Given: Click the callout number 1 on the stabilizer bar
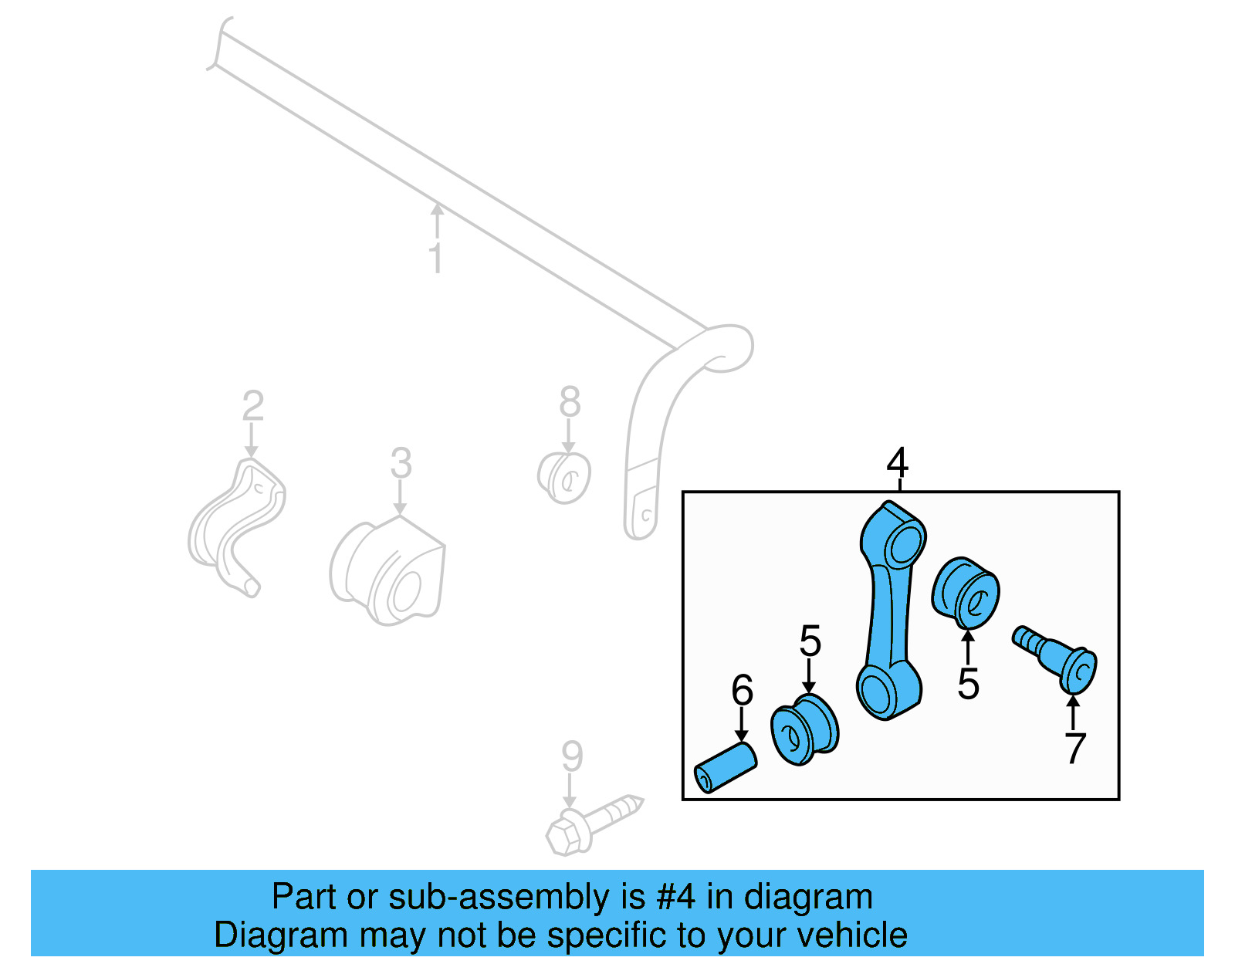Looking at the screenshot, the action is click(x=436, y=258).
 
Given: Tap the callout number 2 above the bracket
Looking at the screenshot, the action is click(x=253, y=405).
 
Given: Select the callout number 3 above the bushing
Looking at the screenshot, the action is click(x=401, y=463).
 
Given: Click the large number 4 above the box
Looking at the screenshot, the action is click(x=898, y=463).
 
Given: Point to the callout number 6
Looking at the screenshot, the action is click(x=743, y=690).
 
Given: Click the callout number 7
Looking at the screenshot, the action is click(x=1074, y=748).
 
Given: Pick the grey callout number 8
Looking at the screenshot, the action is click(x=570, y=401).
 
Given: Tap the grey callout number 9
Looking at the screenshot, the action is click(x=572, y=756).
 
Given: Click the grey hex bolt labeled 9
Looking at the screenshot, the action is click(x=594, y=824).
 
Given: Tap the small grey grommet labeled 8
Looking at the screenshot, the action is click(x=564, y=477).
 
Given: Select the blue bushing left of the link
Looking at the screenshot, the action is click(x=805, y=729).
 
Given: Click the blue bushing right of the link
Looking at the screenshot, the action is click(x=966, y=593).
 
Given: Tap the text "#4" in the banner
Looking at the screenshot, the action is click(x=675, y=897).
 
